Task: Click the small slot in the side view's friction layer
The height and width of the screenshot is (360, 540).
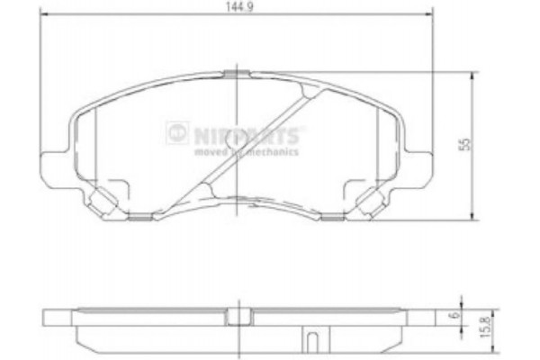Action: pos(311,342)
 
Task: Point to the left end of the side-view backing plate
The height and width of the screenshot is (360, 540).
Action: pos(50,317)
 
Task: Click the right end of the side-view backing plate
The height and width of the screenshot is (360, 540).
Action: pos(425,317)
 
